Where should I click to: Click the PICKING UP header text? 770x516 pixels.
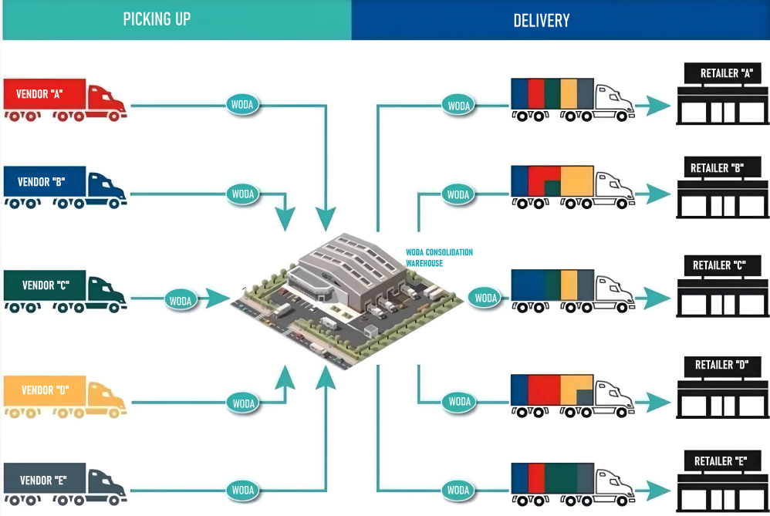[x=157, y=19]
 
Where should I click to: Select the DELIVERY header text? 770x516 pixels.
[x=541, y=20]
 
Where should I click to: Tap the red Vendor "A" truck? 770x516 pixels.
[x=65, y=99]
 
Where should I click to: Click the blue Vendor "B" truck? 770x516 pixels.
[x=65, y=187]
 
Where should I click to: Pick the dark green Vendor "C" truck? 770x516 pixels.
[x=65, y=291]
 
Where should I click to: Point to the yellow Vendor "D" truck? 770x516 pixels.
[x=65, y=396]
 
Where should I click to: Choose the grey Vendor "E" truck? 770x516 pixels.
[x=65, y=484]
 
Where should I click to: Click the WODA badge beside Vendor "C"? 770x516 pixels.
[x=181, y=300]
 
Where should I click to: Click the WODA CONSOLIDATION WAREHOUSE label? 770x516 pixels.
[x=439, y=258]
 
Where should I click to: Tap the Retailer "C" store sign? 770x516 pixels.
[x=721, y=265]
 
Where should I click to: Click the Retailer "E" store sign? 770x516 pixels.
[x=721, y=461]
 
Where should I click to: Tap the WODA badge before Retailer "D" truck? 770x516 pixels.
[x=460, y=401]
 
